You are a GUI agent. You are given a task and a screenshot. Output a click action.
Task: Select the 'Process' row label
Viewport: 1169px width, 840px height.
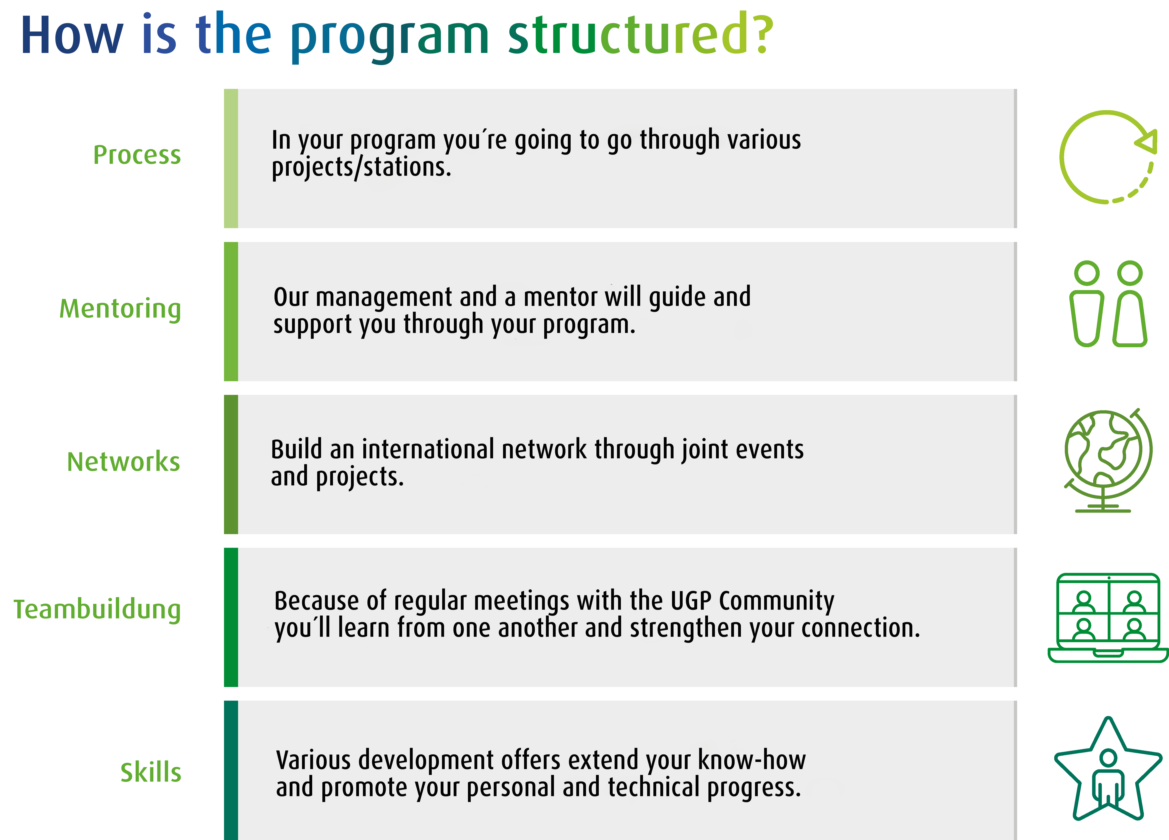[x=137, y=155]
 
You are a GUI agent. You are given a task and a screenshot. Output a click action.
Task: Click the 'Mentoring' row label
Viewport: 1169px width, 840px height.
[x=120, y=309]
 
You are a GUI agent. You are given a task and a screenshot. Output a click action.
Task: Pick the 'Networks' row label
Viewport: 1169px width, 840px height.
[x=124, y=461]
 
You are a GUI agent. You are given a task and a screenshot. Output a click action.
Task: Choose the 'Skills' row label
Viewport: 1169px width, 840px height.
[x=151, y=772]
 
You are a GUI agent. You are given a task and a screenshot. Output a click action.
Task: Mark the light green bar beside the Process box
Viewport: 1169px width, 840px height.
[x=231, y=158]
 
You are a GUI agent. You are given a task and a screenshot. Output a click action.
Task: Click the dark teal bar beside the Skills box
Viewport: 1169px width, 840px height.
[x=231, y=770]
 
